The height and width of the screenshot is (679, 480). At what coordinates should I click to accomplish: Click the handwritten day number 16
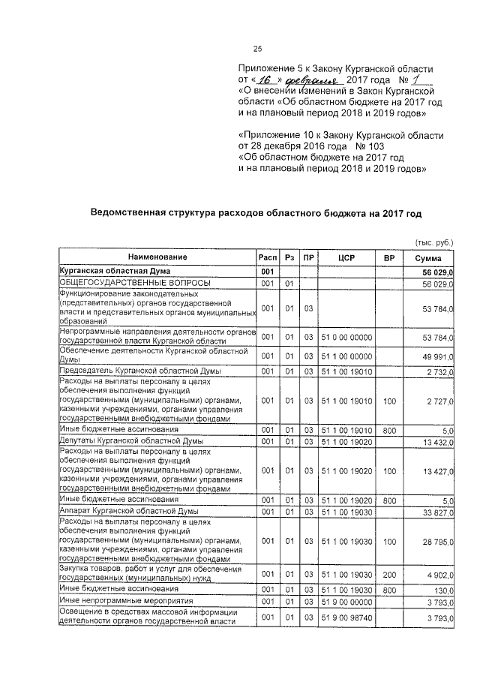pos(264,80)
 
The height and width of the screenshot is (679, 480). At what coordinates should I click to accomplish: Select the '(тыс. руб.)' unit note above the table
pos(434,242)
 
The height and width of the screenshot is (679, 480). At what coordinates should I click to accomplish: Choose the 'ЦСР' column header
pos(346,258)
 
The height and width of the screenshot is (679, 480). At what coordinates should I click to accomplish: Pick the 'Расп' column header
pos(266,258)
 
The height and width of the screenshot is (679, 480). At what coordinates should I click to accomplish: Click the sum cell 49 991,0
pos(433,356)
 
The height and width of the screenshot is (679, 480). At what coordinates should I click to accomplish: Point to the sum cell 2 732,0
pos(436,371)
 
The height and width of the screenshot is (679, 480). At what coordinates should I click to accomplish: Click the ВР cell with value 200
pos(388,574)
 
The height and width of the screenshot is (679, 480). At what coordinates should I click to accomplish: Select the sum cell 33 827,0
pos(433,512)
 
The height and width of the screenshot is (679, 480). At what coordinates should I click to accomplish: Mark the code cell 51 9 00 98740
pos(346,617)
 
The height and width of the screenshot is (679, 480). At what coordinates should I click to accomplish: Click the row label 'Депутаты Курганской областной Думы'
pos(130,441)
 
